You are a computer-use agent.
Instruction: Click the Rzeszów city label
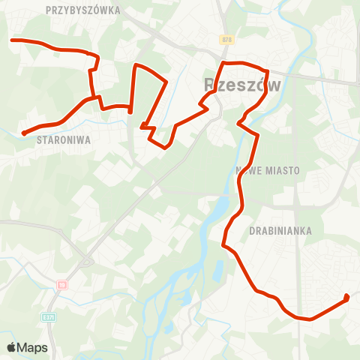coord(242,85)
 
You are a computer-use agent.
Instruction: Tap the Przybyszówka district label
coord(82,10)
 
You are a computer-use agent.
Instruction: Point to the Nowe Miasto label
coord(268,170)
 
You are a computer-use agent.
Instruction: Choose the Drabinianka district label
coord(280,231)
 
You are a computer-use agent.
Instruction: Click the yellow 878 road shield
coord(226,39)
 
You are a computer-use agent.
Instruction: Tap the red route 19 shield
coord(62,285)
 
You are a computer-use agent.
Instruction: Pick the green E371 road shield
coord(49,317)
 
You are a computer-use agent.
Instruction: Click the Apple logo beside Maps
coord(11,347)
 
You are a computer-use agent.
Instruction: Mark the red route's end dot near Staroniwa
coord(24,133)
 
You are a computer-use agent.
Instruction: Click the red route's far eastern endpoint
coord(346,298)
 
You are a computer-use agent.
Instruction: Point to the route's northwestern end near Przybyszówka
coord(11,39)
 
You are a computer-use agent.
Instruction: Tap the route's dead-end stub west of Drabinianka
coord(223,244)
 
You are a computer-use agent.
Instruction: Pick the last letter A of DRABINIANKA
coord(308,231)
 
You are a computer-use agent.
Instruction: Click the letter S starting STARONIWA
coord(37,139)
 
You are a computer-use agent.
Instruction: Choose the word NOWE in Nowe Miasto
coord(247,170)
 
